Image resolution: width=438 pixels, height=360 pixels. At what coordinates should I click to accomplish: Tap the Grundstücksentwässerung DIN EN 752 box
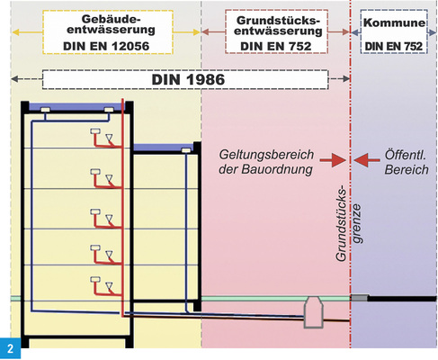tap(275, 31)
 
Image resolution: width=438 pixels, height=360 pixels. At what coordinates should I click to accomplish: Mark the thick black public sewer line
tap(400, 299)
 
